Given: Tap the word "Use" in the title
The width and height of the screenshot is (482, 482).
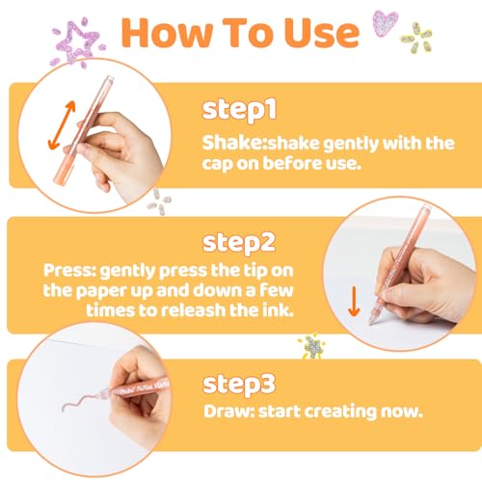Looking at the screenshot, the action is [322, 33].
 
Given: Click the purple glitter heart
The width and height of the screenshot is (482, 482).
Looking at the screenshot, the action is [385, 23].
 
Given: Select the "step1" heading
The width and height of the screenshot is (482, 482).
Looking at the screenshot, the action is [239, 110].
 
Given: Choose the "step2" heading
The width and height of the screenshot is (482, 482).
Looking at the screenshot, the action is [239, 244].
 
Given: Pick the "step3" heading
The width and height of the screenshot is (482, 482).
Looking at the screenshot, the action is [239, 385].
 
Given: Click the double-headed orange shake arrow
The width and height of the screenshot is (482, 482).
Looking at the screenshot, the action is [62, 125].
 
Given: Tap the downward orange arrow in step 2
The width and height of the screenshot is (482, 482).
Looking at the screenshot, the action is [354, 301].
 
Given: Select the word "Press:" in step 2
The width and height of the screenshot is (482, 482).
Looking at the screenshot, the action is [69, 270].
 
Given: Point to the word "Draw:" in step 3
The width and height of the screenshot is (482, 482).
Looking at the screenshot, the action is [228, 412].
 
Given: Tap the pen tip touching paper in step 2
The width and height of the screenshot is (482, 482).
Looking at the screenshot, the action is [371, 323].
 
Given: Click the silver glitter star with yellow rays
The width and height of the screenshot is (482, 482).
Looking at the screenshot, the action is [311, 346].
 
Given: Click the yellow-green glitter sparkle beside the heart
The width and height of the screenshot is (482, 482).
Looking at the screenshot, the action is [416, 38].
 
